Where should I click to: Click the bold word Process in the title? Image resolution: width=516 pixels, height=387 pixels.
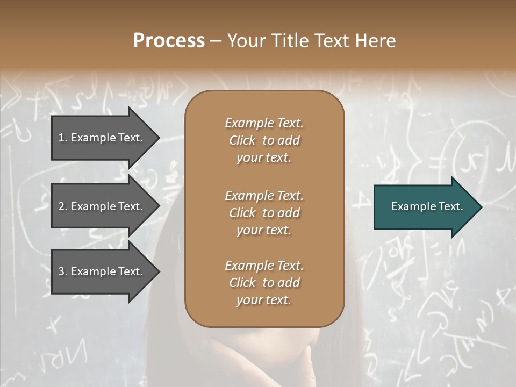click(x=169, y=40)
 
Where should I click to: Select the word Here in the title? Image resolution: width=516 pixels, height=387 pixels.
click(x=376, y=40)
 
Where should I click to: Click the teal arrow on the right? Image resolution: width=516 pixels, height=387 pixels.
click(x=425, y=206)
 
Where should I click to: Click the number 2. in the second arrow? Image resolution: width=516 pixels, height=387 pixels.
click(x=63, y=206)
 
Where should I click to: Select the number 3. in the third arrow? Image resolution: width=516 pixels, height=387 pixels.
click(x=63, y=271)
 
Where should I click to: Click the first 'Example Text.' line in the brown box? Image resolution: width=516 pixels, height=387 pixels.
click(x=264, y=123)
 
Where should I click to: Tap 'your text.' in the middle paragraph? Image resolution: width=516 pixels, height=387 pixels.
click(x=264, y=230)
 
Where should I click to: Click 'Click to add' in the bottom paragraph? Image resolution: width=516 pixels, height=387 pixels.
click(x=264, y=283)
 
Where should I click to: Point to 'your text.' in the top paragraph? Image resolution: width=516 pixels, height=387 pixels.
click(x=264, y=158)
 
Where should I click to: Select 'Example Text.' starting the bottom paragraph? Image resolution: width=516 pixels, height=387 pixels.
click(x=264, y=266)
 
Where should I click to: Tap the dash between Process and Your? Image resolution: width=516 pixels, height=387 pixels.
click(x=216, y=41)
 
